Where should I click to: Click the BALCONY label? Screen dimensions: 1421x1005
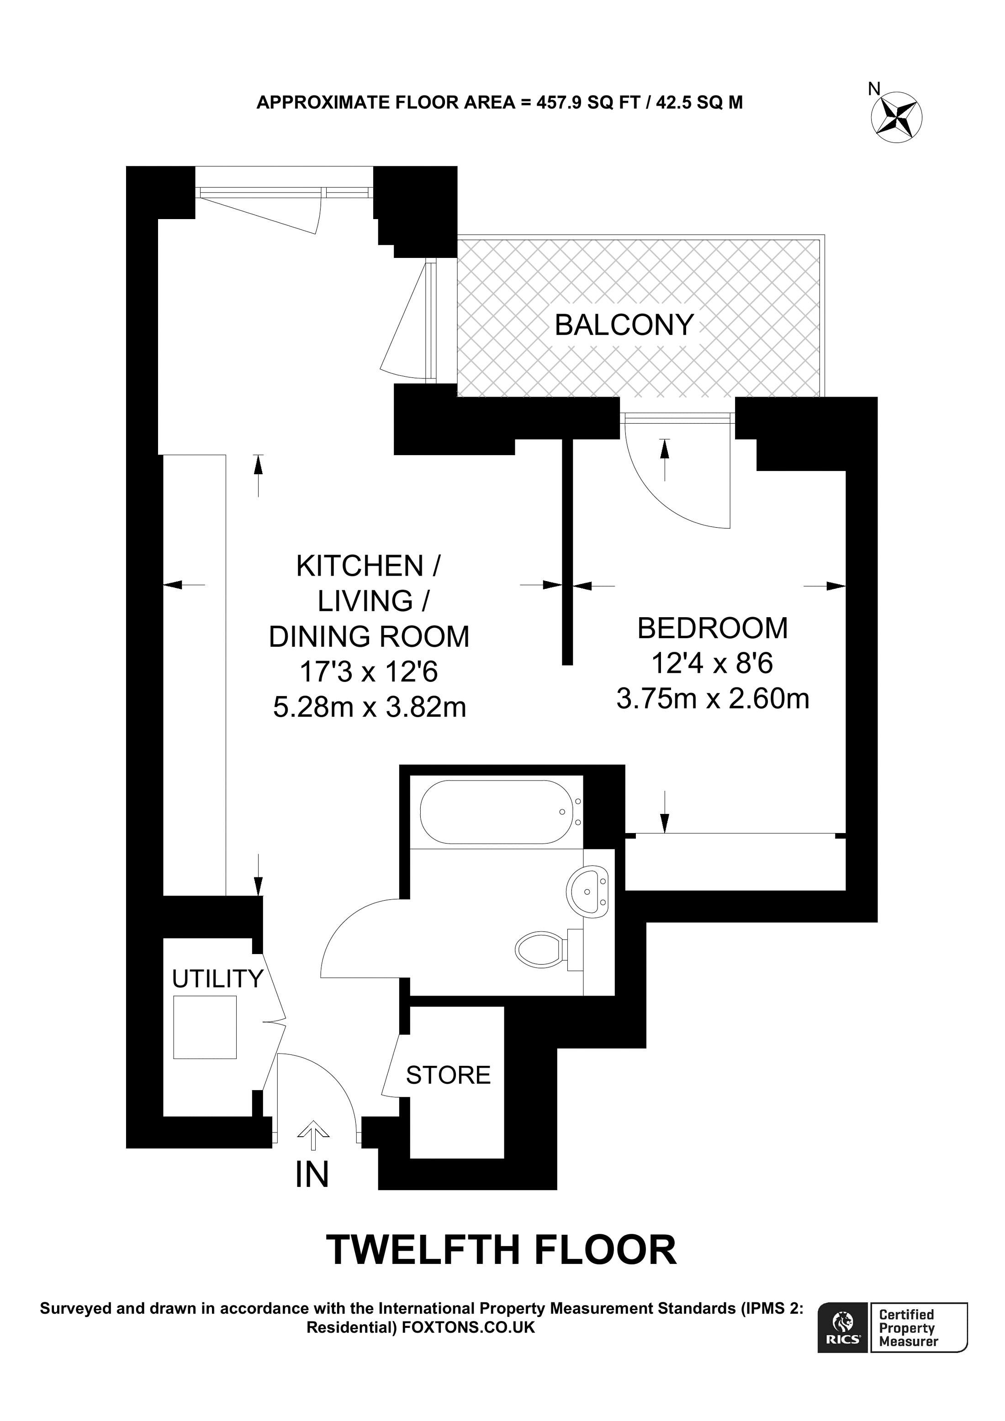[624, 325]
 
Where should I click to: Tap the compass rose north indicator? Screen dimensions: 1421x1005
[897, 116]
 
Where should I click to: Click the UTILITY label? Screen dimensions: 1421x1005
[217, 979]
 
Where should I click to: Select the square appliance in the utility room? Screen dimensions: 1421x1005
[205, 1027]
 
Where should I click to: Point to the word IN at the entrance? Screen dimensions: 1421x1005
[312, 1174]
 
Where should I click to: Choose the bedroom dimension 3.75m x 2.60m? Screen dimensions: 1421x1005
[712, 699]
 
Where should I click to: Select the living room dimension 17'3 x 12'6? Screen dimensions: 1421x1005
[369, 671]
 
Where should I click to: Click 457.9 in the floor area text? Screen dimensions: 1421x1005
[559, 102]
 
